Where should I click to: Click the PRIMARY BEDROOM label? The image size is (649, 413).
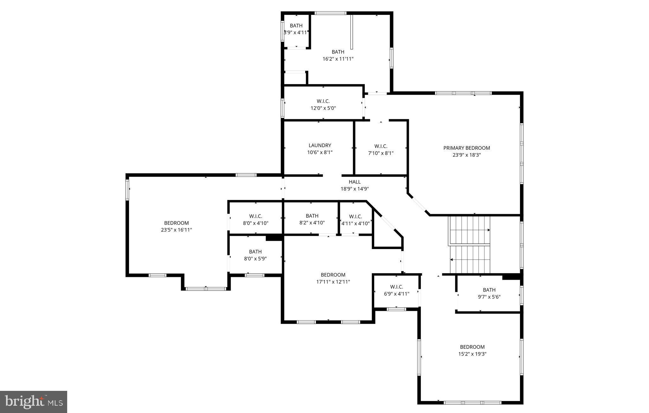466,148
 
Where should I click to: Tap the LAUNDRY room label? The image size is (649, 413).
320,145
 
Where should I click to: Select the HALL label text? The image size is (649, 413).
355,182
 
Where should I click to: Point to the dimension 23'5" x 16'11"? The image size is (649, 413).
176,230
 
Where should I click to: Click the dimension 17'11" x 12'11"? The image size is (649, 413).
333,282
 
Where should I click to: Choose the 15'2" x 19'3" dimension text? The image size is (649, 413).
472,354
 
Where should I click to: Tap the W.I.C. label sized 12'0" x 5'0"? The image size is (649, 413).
323,101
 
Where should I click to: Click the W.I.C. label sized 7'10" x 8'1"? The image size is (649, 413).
381,146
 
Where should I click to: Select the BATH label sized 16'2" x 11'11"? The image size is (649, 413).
338,52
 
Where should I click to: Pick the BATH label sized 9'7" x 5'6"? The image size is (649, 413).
489,290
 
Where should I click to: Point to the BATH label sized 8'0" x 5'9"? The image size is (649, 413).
255,252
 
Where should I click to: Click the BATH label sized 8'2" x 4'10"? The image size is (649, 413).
312,216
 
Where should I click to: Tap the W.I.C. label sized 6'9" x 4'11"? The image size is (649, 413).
396,287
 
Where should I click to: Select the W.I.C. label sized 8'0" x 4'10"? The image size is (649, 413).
255,216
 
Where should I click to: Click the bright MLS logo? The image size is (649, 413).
34,402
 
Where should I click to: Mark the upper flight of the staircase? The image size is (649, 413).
469,230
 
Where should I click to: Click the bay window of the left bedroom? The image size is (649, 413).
206,288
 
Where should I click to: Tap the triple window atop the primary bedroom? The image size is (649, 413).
463,93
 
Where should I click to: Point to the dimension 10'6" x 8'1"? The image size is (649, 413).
320,152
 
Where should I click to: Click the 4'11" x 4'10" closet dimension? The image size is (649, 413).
355,223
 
